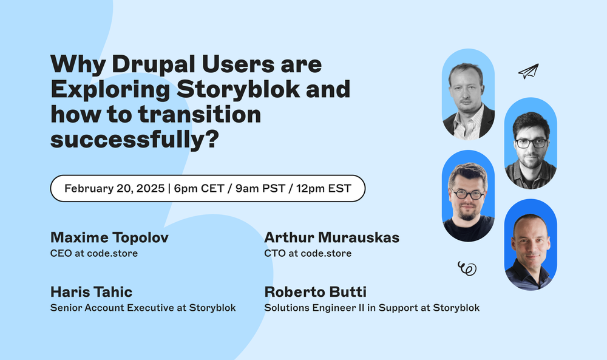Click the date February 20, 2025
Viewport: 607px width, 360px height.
pos(114,188)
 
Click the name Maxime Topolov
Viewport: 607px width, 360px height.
pos(109,237)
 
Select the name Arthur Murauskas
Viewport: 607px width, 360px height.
pos(332,237)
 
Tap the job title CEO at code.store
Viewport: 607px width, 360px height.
pos(94,253)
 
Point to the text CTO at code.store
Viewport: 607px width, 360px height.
pos(308,253)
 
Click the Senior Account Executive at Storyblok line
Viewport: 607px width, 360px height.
pos(143,308)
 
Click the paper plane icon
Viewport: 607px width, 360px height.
pos(528,72)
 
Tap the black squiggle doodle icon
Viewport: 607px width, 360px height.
pos(467,268)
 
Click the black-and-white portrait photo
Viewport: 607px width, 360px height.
pos(468,93)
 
